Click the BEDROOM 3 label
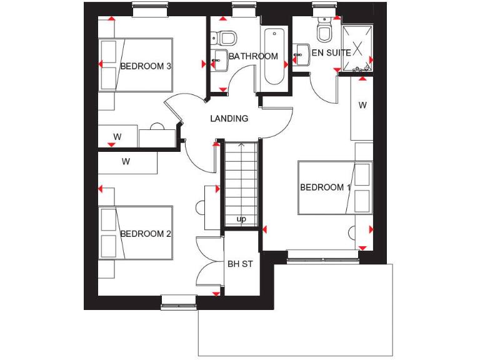(x=146, y=66)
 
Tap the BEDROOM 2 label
(x=146, y=234)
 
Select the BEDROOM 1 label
(x=322, y=187)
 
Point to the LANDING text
(x=229, y=119)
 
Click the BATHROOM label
(x=253, y=56)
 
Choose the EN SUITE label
(x=331, y=53)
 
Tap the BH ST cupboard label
(x=240, y=264)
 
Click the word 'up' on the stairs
(x=241, y=219)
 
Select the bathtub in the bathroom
(x=274, y=56)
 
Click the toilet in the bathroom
(x=227, y=37)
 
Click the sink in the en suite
(x=302, y=52)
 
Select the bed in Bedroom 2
(x=136, y=233)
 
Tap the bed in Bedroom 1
(x=334, y=187)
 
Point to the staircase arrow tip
(x=241, y=145)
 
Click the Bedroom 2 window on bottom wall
(x=178, y=302)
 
